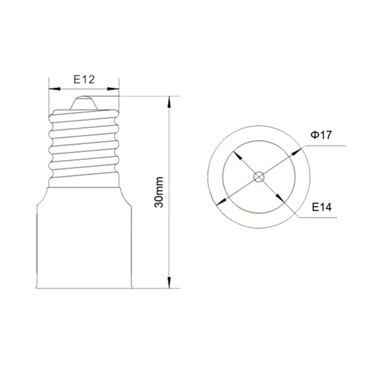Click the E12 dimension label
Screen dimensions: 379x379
[x=84, y=80]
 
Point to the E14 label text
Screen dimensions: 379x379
[x=321, y=207]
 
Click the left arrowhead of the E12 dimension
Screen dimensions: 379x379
[x=53, y=88]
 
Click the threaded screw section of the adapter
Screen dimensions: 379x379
[x=83, y=142]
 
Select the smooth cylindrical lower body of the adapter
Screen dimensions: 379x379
[x=84, y=242]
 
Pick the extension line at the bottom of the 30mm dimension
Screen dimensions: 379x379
[x=152, y=289]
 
